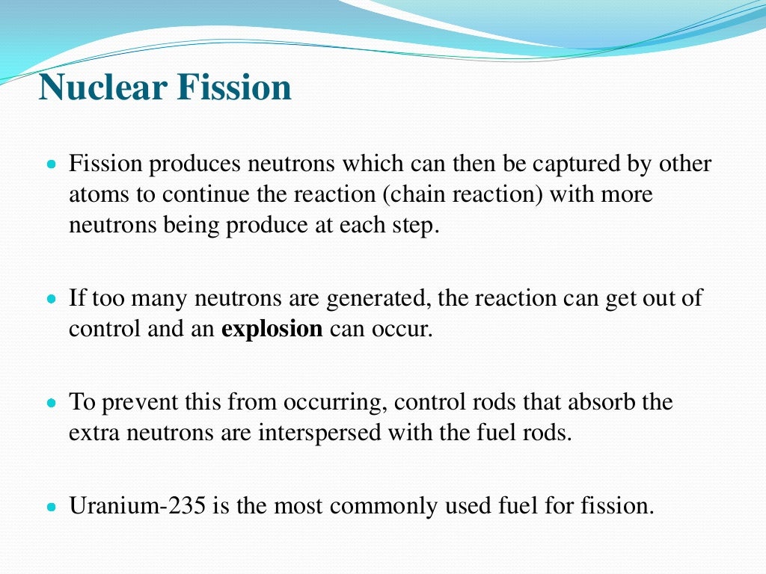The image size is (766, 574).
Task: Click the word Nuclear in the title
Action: click(x=102, y=87)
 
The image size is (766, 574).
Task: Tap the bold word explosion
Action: click(x=272, y=330)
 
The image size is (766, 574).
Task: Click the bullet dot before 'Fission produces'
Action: click(x=52, y=164)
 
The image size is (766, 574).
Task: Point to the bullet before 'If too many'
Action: click(x=52, y=299)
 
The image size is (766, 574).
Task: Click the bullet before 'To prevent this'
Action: click(x=52, y=403)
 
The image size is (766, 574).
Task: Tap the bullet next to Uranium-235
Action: click(x=52, y=507)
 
